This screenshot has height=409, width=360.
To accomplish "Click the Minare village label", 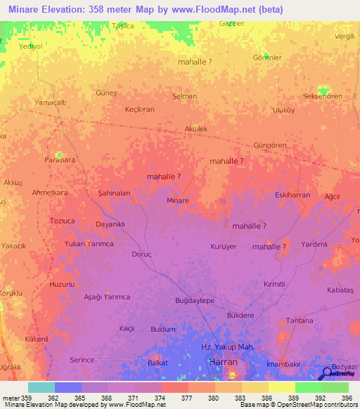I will click(x=178, y=200).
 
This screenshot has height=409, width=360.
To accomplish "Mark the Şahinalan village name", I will click(x=114, y=193).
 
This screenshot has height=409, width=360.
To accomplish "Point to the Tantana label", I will click(x=300, y=320).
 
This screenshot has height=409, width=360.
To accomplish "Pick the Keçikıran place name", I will click(x=139, y=110).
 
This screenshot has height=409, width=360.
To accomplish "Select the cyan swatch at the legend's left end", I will click(x=41, y=387).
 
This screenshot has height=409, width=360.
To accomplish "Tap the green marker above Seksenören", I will click(x=323, y=90).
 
